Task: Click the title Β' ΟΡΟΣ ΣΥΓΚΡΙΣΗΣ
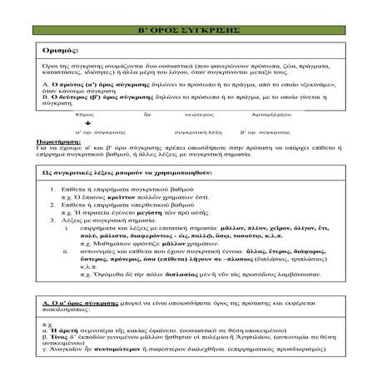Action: point(187,30)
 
